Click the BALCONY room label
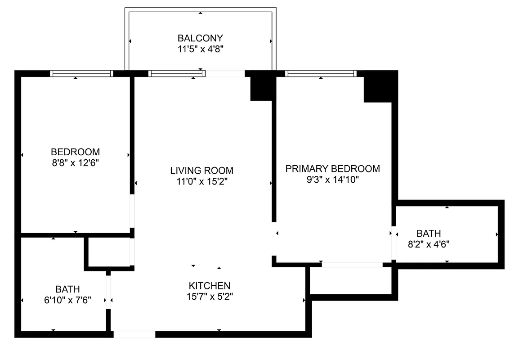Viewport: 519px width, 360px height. (x=200, y=38)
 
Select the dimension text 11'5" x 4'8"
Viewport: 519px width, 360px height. (x=200, y=49)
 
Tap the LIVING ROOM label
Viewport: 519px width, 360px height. (x=201, y=171)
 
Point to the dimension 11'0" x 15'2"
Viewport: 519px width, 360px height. (x=201, y=181)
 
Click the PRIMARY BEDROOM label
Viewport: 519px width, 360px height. (x=332, y=169)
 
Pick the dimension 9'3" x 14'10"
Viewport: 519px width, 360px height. (x=332, y=180)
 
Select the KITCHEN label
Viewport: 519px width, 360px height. (x=209, y=286)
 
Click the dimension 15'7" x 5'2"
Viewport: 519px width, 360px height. (x=209, y=297)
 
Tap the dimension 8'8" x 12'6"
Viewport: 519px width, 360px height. (x=75, y=162)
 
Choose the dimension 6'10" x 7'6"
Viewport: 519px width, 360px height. (x=67, y=300)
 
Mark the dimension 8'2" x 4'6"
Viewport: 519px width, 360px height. (x=429, y=244)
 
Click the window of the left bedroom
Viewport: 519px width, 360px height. (x=81, y=73)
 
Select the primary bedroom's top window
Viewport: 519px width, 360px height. (x=321, y=73)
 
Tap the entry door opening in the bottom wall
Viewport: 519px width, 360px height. (x=134, y=334)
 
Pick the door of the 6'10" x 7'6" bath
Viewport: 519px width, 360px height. (x=108, y=292)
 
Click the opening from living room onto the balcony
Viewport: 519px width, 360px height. (x=225, y=73)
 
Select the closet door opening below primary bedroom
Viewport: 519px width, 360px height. (x=352, y=265)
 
